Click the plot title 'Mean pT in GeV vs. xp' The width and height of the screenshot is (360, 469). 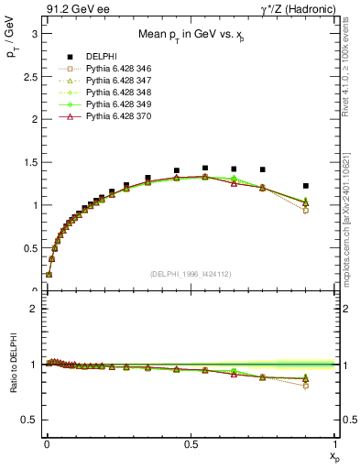pos(191,35)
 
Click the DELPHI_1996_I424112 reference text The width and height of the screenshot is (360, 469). pos(191,274)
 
